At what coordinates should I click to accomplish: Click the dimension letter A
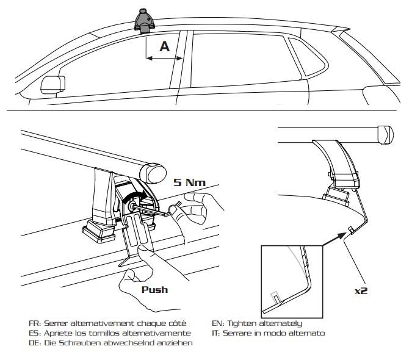[x=164, y=46]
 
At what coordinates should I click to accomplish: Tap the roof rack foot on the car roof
[x=145, y=20]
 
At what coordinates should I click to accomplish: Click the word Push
[x=156, y=290]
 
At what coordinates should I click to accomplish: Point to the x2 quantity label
[x=361, y=290]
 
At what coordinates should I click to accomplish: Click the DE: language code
[x=35, y=343]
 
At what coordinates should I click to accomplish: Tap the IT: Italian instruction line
[x=269, y=333]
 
